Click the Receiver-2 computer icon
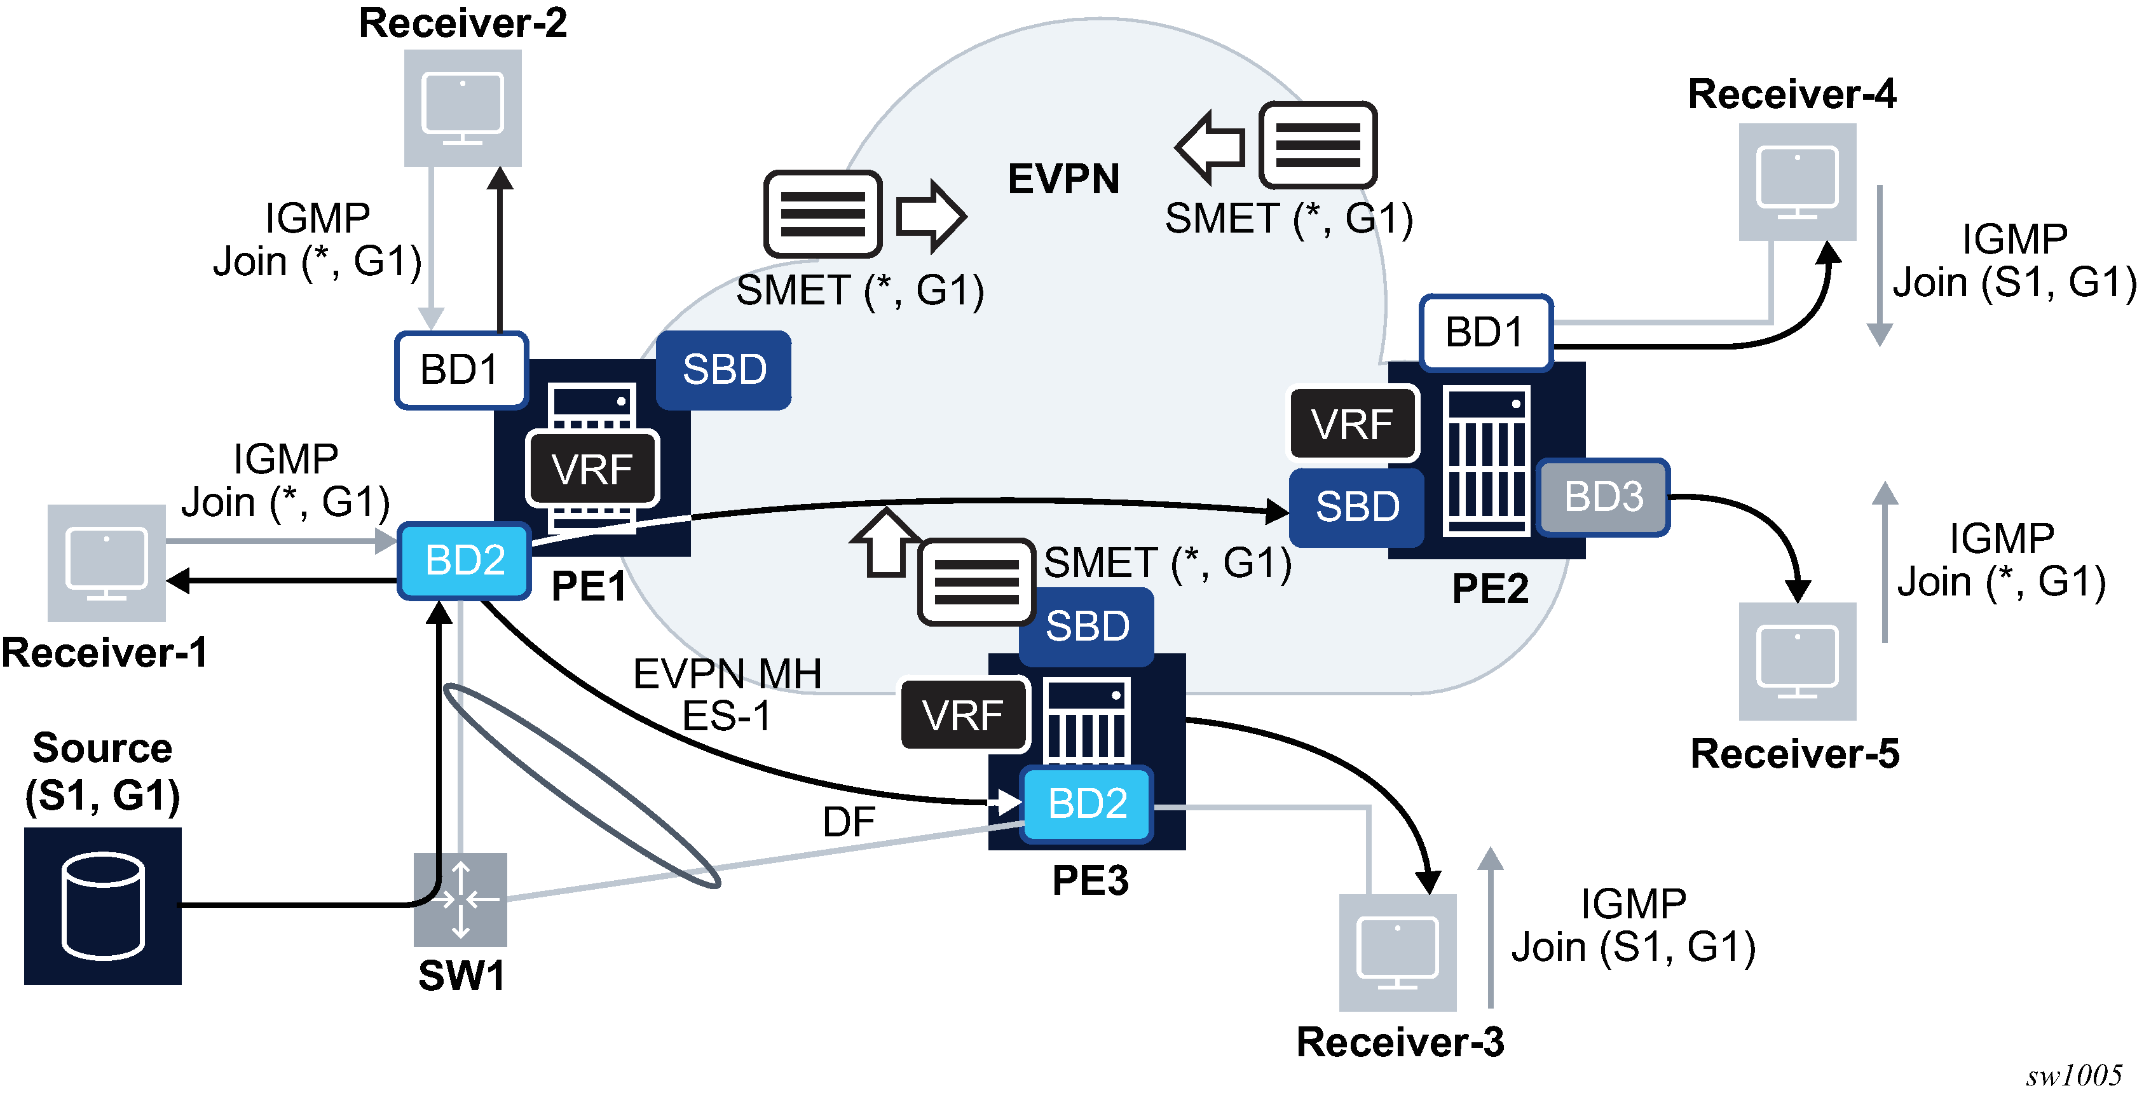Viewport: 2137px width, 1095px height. tap(462, 108)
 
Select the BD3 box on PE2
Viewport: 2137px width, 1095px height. tap(1603, 498)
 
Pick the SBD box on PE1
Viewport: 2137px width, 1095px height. tap(723, 370)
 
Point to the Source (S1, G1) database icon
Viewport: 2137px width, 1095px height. tap(103, 905)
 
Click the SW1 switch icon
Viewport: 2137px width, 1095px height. tap(460, 899)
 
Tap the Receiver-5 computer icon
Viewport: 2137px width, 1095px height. tap(1797, 661)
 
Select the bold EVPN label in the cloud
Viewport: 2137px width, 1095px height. tap(1063, 179)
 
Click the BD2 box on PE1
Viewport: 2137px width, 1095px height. tap(465, 561)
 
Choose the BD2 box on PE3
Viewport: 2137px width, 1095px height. tap(1087, 804)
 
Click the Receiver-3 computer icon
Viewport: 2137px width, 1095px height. tap(1398, 952)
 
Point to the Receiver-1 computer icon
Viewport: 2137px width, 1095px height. tap(106, 562)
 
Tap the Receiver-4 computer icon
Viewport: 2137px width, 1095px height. tap(1797, 182)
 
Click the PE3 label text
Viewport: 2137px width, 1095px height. tap(1090, 881)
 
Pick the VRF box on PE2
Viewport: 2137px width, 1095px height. tap(1352, 425)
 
